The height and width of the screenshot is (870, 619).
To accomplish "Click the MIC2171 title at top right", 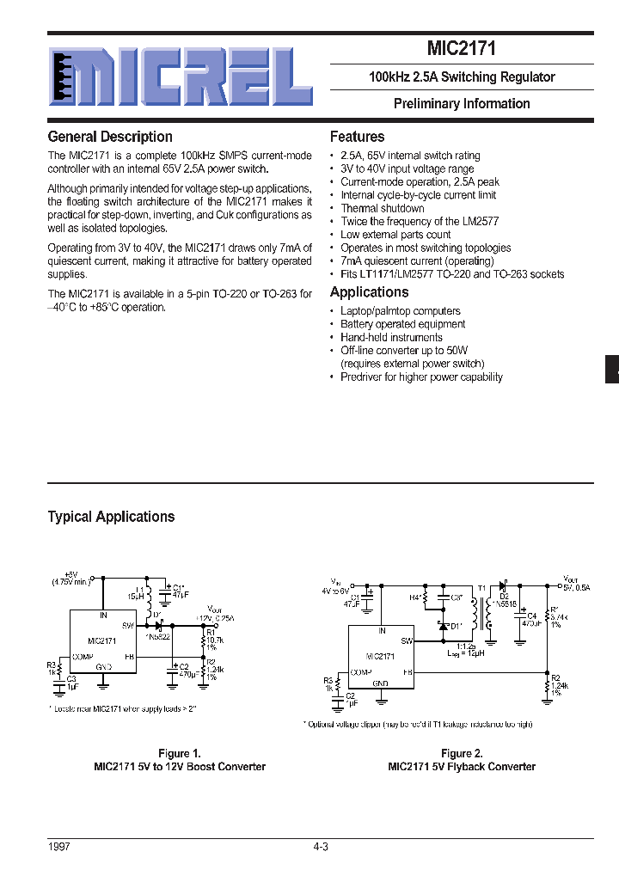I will click(x=462, y=49).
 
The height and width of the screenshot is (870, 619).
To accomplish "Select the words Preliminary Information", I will click(x=462, y=104).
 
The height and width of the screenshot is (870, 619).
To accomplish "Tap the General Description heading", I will click(x=110, y=137).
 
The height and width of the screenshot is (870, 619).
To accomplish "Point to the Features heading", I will click(x=357, y=137).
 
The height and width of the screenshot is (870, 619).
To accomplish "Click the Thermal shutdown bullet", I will click(x=383, y=208).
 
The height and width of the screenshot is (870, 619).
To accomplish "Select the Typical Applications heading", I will click(x=111, y=517).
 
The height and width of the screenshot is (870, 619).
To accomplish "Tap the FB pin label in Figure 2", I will click(x=408, y=671).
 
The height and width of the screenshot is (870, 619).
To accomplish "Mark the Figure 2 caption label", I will click(x=462, y=753).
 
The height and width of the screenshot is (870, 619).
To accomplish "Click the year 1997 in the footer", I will click(x=59, y=847).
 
